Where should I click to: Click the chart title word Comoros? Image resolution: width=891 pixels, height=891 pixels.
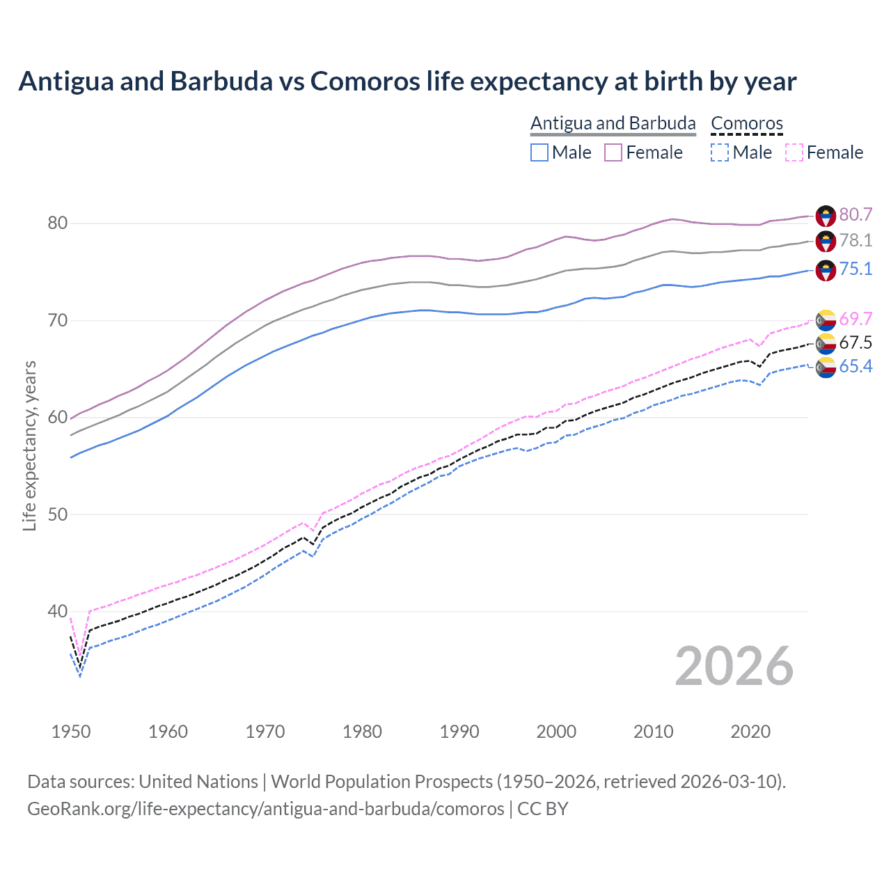(365, 81)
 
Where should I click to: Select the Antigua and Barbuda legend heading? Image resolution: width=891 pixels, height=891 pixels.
(613, 123)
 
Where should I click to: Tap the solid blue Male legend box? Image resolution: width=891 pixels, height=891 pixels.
(539, 152)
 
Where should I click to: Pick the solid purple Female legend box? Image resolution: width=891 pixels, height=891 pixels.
(613, 152)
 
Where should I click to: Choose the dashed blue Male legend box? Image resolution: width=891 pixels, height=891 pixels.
(720, 152)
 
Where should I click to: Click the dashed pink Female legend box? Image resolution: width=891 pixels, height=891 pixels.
(794, 152)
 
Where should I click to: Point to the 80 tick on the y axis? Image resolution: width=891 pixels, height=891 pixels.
(58, 223)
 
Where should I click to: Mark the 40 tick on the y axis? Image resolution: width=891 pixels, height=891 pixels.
(58, 612)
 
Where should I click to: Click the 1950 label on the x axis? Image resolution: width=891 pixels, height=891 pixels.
(71, 732)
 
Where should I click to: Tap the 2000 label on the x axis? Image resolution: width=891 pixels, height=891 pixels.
(556, 732)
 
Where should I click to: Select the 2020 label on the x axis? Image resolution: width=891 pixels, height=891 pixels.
(750, 732)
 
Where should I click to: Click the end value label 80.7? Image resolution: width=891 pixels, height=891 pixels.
(855, 214)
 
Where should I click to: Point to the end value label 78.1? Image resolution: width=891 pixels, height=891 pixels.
(855, 240)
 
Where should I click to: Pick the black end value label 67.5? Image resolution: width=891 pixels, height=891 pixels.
(855, 342)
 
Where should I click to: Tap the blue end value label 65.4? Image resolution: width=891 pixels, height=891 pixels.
(855, 366)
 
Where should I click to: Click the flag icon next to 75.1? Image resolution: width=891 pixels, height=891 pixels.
(826, 270)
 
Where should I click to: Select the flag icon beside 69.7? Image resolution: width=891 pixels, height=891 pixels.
(826, 320)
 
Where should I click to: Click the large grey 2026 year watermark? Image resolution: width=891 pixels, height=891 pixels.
(734, 666)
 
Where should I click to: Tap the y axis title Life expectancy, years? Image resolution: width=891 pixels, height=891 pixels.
(29, 445)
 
